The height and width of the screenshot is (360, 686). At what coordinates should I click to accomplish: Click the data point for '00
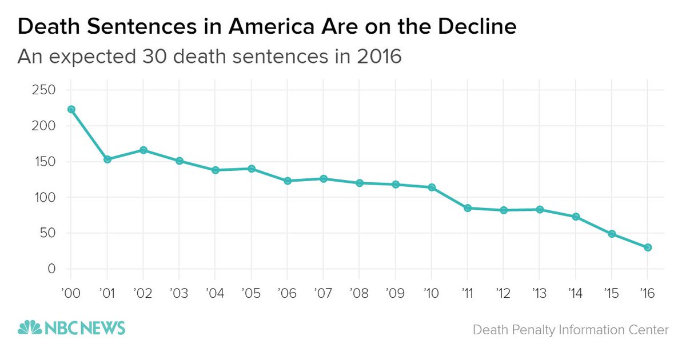pos(71,109)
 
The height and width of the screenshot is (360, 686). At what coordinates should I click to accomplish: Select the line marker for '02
pos(143,150)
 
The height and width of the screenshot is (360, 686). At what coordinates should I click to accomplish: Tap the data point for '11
pos(468,208)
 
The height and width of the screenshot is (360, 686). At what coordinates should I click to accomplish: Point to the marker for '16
pos(648,247)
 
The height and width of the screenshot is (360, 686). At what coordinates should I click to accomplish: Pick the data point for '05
pos(252,169)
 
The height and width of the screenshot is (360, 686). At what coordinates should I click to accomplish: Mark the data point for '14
pos(576,217)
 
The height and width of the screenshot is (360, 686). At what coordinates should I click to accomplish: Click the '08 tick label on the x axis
pos(359,293)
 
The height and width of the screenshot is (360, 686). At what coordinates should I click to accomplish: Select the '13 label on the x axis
pos(539,293)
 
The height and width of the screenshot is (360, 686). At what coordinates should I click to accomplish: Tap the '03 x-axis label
pos(179,293)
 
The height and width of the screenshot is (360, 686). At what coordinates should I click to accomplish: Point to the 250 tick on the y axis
pos(44,90)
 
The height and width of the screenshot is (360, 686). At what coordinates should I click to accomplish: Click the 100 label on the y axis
pos(44,198)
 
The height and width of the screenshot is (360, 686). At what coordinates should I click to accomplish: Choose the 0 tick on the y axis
pos(51,269)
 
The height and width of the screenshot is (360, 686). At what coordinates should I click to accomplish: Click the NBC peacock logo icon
pos(30,328)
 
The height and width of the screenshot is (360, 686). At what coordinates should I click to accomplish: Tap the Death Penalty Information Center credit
pos(570,330)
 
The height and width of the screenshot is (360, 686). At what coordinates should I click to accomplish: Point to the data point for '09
pos(396,185)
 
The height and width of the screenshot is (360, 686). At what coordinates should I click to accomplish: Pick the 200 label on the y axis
pos(44,126)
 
